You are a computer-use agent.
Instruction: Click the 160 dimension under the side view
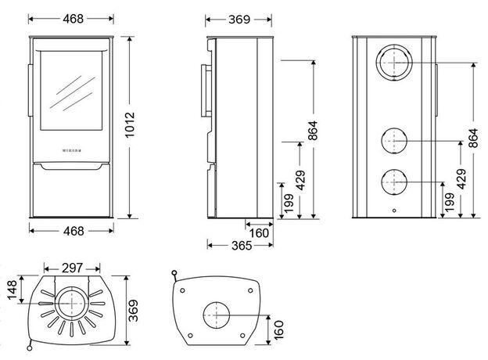click(x=259, y=233)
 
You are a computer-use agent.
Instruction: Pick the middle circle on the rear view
click(x=393, y=141)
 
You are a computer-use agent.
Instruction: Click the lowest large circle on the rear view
click(x=393, y=182)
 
